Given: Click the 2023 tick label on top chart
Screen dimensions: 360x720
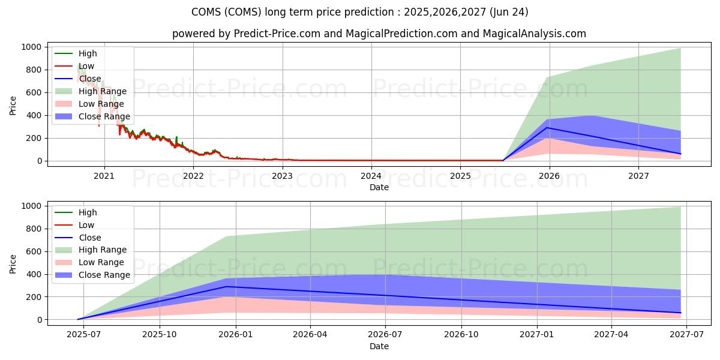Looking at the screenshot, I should click(282, 176).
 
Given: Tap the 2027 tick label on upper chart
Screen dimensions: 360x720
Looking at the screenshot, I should click(638, 176).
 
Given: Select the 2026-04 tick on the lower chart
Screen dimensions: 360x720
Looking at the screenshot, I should click(310, 335).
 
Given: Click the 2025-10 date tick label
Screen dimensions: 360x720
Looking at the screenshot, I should click(160, 335).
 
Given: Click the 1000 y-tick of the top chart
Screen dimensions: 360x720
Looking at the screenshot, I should click(31, 47).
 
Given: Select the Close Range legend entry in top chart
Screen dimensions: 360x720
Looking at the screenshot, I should click(104, 116).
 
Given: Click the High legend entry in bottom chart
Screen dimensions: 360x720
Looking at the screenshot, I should click(88, 212).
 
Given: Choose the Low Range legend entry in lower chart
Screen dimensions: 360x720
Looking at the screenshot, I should click(101, 262).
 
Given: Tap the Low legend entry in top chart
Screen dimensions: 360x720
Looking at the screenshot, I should click(86, 66).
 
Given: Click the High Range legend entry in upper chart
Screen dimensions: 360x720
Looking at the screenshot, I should click(103, 91).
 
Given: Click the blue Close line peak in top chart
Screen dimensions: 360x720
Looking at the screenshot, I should click(547, 128).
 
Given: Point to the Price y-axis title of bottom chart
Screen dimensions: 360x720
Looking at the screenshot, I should click(13, 263).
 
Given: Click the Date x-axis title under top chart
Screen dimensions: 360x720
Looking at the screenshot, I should click(379, 187).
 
